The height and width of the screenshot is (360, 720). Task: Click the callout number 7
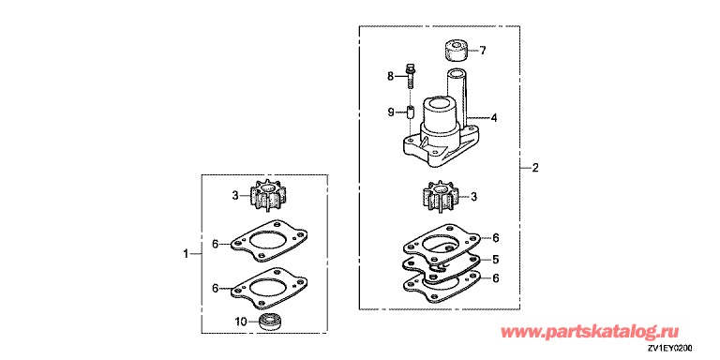[x=483, y=51]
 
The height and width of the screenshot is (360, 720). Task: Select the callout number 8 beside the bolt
[x=390, y=77]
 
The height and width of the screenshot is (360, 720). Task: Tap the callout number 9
[x=391, y=112]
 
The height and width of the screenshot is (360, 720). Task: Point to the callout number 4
[x=494, y=118]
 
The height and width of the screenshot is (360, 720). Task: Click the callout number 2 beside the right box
[x=535, y=168]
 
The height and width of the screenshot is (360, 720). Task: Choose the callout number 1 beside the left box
[x=186, y=253]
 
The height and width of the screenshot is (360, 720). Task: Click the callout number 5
[x=496, y=260]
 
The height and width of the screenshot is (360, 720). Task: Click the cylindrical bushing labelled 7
[x=456, y=52]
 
